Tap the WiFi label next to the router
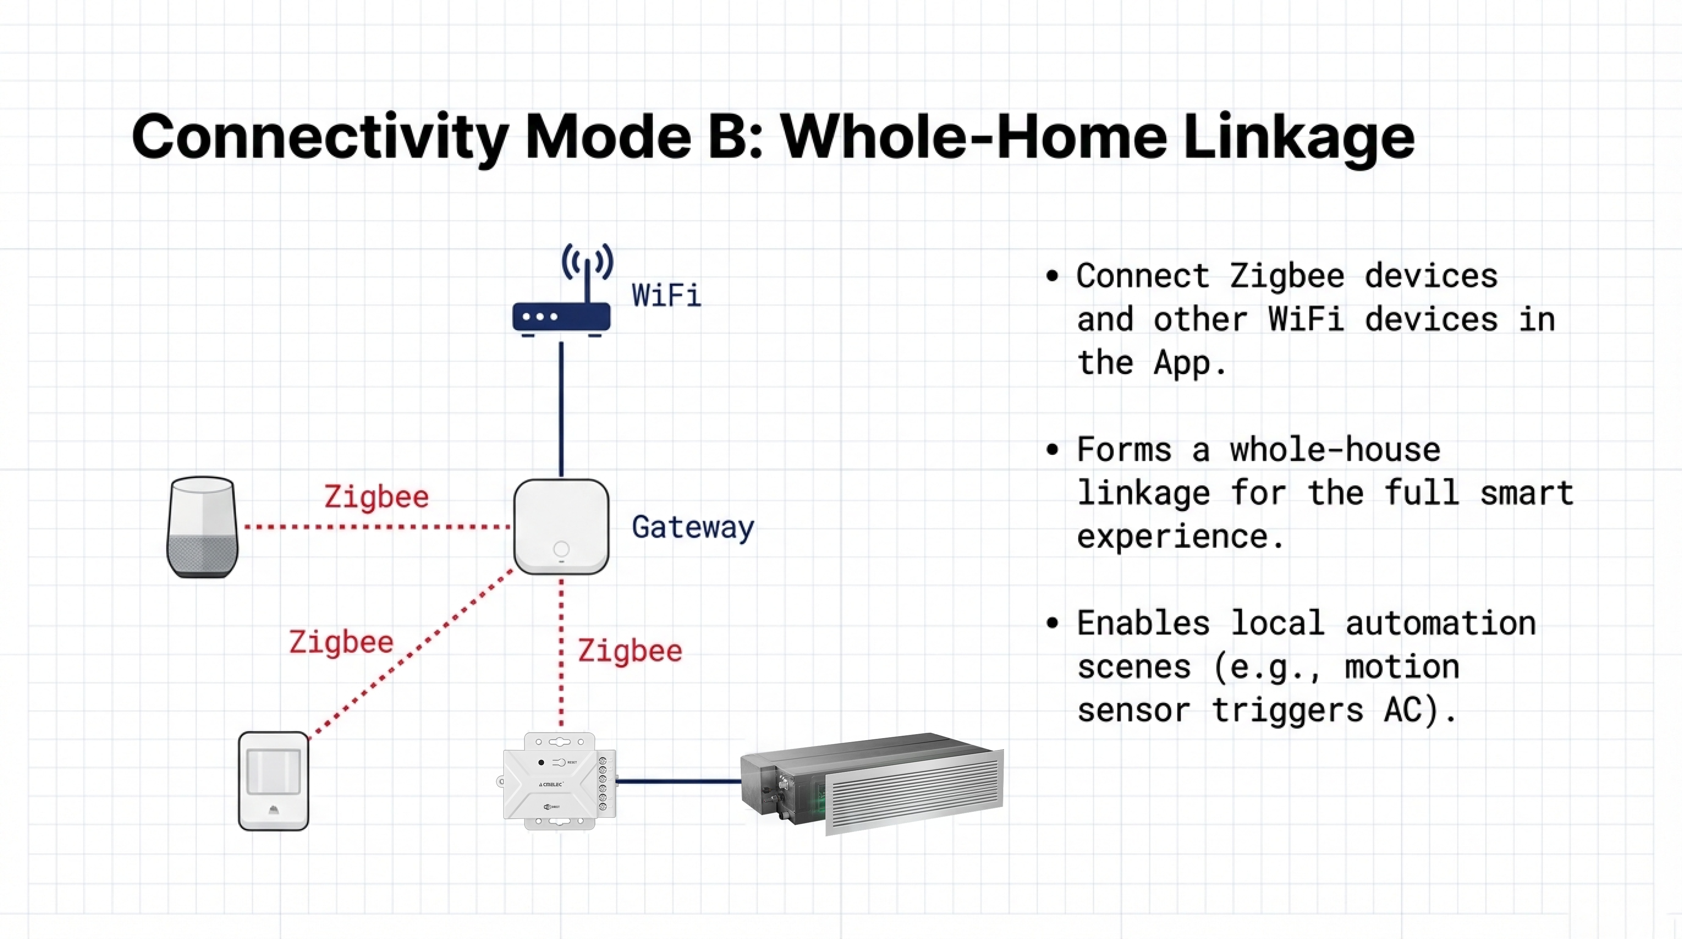tap(666, 295)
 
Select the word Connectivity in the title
tap(320, 137)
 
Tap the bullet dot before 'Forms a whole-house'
tap(1052, 450)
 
